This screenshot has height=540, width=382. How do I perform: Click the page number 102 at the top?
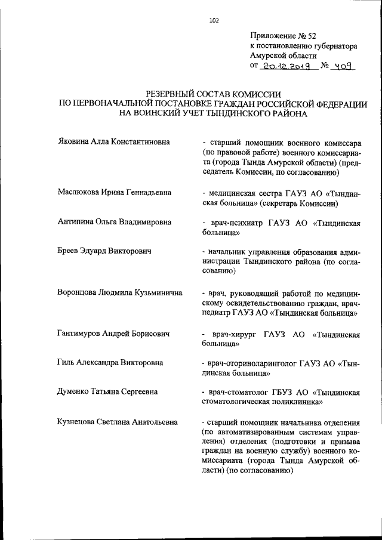tap(214, 21)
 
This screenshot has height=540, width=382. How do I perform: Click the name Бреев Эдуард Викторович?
tap(104, 251)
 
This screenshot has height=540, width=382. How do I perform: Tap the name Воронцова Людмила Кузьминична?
tap(120, 293)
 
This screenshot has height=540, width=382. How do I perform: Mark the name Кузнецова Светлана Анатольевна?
tap(118, 421)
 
